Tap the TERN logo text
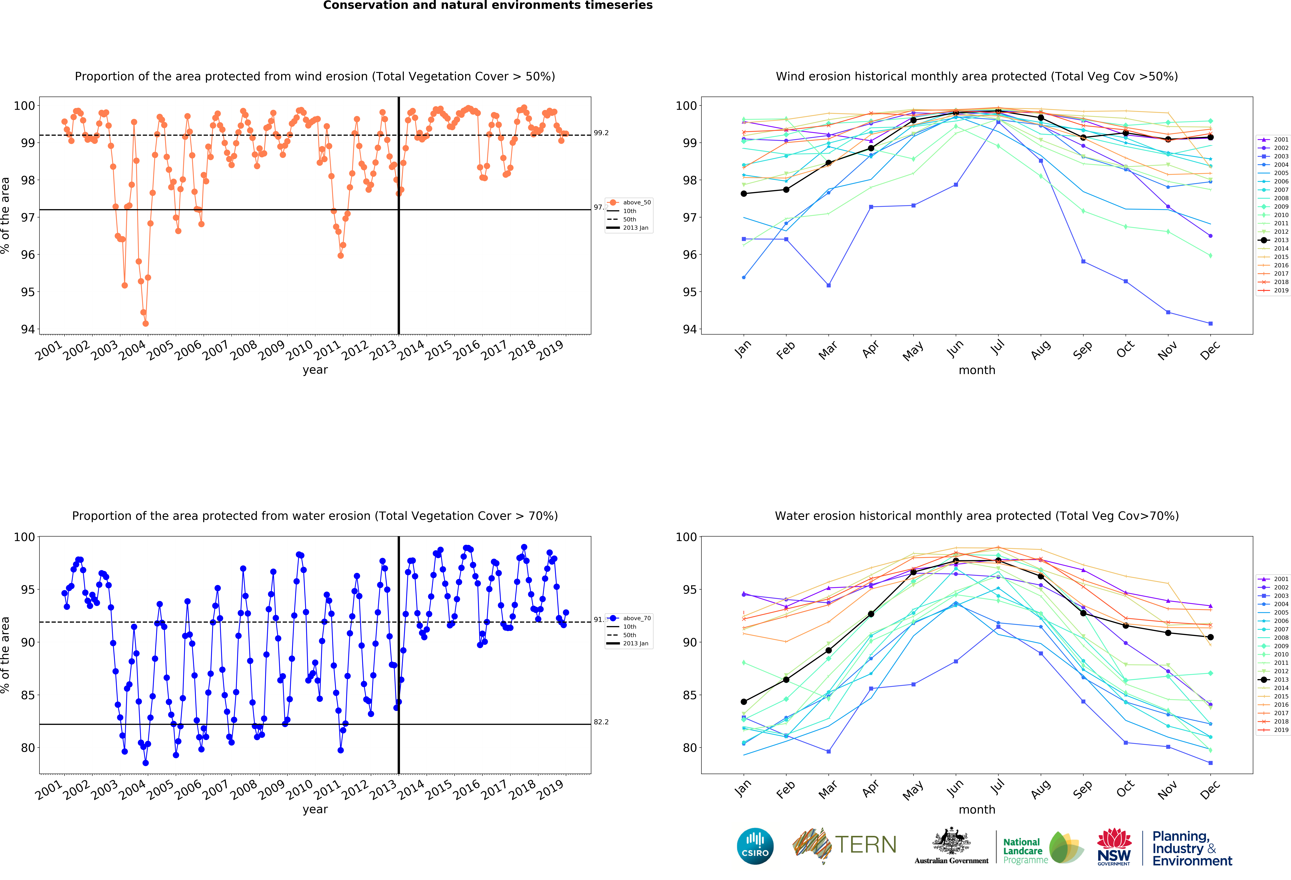point(866,845)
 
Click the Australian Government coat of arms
point(952,842)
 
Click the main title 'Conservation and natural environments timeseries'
point(488,6)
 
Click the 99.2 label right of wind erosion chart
point(601,133)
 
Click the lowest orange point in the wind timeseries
point(146,323)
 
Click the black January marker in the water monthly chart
point(744,702)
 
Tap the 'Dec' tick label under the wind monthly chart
point(1210,350)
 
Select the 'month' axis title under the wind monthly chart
point(977,370)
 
